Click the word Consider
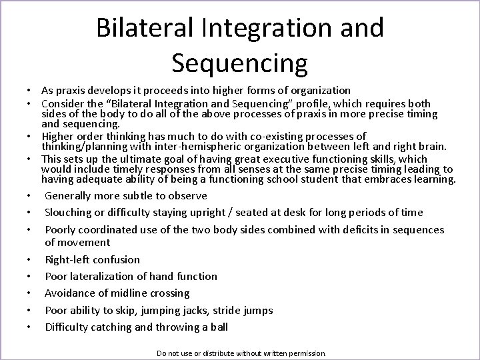(x=62, y=104)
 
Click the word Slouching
(x=68, y=213)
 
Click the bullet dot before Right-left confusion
(x=31, y=260)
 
